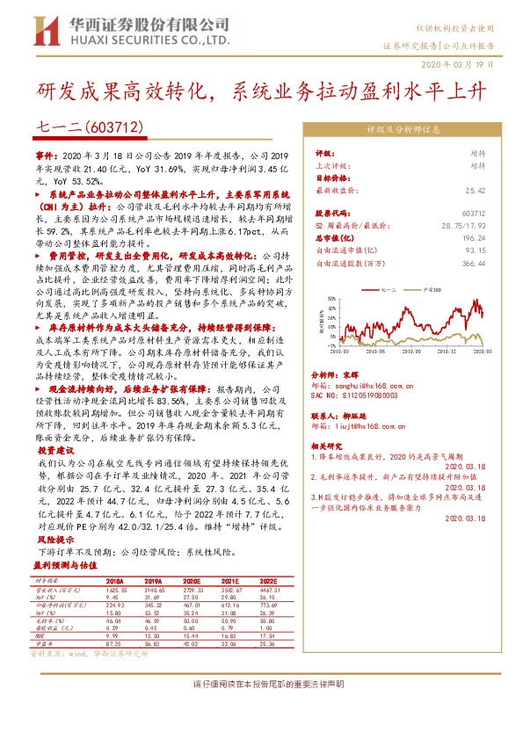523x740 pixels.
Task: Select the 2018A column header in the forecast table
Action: point(115,581)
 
